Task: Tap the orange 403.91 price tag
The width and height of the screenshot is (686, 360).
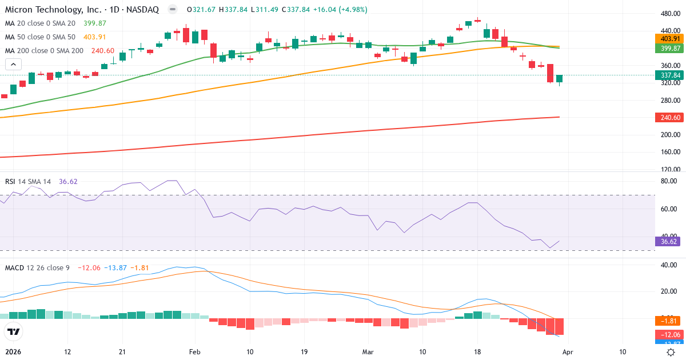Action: pyautogui.click(x=669, y=38)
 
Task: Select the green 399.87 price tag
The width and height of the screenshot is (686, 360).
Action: pyautogui.click(x=669, y=49)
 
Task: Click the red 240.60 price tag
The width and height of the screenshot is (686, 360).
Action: pyautogui.click(x=669, y=118)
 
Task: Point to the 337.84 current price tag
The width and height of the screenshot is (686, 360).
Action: pyautogui.click(x=669, y=75)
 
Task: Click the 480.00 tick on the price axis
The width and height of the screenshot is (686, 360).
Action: pyautogui.click(x=669, y=14)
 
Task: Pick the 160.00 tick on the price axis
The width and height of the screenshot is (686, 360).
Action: pyautogui.click(x=669, y=152)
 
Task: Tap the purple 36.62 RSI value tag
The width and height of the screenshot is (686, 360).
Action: pyautogui.click(x=669, y=241)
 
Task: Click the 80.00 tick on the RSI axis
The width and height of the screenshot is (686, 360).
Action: pyautogui.click(x=669, y=181)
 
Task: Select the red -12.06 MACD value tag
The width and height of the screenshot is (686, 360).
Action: pyautogui.click(x=669, y=334)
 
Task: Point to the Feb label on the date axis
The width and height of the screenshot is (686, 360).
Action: pyautogui.click(x=196, y=351)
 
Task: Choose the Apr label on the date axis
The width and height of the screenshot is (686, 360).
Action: pyautogui.click(x=567, y=351)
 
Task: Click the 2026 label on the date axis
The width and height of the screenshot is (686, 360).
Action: pyautogui.click(x=13, y=351)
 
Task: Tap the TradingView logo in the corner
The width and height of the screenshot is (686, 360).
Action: pyautogui.click(x=14, y=331)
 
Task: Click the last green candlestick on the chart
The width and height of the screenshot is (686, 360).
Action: pyautogui.click(x=559, y=79)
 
